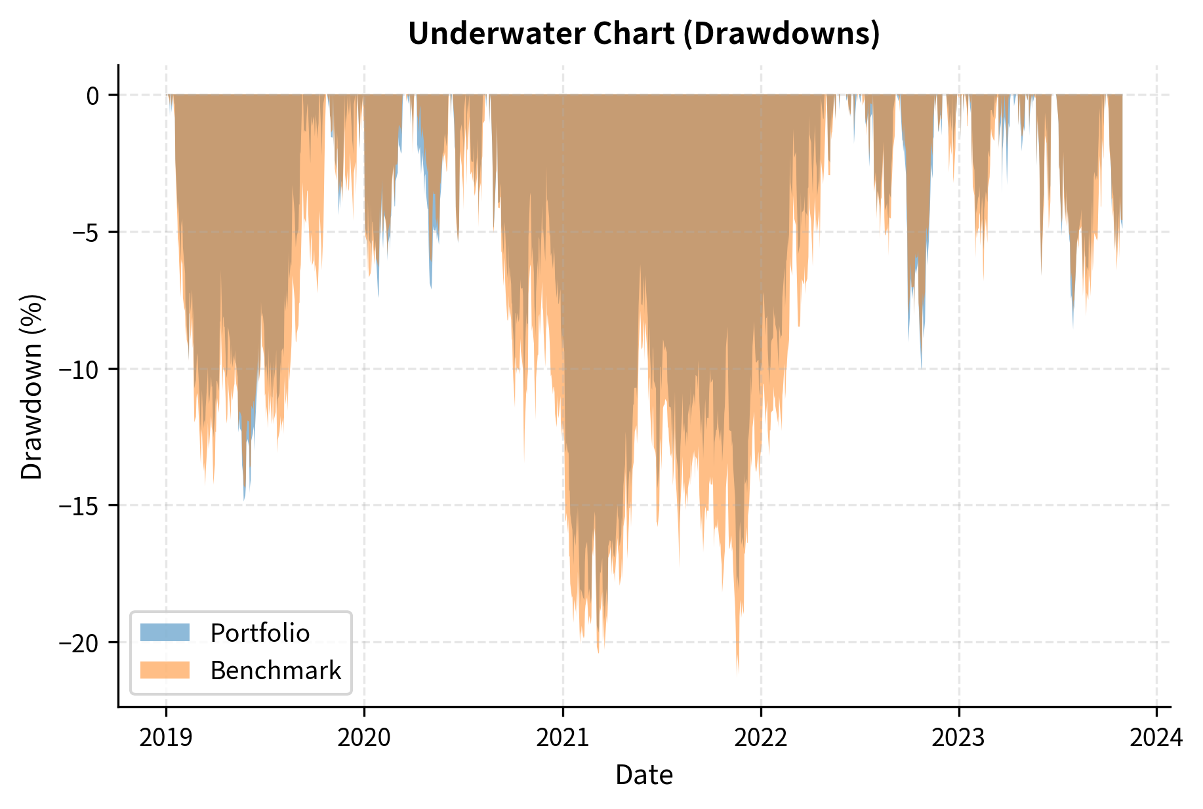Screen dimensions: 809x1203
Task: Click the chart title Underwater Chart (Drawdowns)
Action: (643, 34)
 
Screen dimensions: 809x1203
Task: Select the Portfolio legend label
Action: (260, 633)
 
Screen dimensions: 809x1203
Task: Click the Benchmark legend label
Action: (275, 671)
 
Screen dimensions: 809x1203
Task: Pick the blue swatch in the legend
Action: (165, 633)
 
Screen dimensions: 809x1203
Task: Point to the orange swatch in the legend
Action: (165, 671)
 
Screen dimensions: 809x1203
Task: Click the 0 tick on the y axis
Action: (92, 96)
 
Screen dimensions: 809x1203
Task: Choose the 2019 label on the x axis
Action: (166, 738)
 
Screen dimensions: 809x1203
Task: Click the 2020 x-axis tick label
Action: (364, 738)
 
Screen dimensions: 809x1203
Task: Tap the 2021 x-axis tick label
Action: (563, 738)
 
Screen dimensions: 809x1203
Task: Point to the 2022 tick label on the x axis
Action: (761, 738)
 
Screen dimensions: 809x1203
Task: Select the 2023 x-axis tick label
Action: (959, 738)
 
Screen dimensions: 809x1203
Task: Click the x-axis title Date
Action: (643, 776)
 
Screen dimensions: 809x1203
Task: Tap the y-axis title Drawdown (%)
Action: (31, 387)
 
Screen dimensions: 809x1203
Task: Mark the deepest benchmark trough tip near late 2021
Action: (737, 673)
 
